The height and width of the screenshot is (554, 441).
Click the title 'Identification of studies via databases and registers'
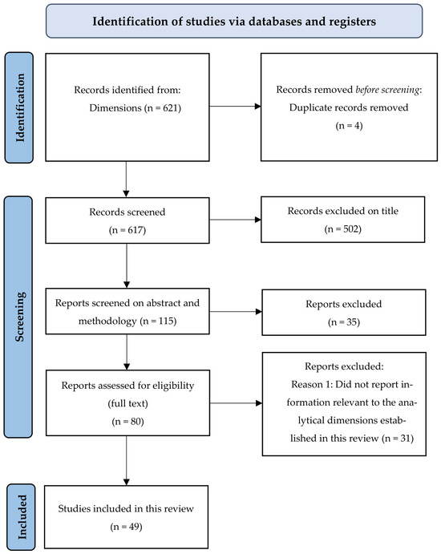pos(234,21)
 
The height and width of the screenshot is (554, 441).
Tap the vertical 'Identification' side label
pos(20,107)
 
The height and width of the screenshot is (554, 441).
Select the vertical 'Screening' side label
pos(19,317)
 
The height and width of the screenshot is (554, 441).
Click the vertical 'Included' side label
pos(22,517)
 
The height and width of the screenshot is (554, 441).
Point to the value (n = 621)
pos(163,107)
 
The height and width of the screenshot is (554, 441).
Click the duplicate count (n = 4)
pos(349,125)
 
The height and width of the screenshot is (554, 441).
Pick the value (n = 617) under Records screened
pos(127,230)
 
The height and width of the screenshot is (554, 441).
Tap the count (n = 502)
pos(342,229)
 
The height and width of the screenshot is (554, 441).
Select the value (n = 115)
pos(158,321)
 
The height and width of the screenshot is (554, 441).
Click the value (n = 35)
pos(344,321)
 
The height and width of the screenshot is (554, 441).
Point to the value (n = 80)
pos(127,422)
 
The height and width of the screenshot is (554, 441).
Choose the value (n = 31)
pos(398,438)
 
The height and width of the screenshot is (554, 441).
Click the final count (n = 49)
pos(126,527)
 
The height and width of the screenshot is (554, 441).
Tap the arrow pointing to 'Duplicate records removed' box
pos(235,106)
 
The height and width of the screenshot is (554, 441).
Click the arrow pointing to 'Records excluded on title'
pos(235,220)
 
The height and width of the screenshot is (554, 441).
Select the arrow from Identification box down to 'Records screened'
pos(126,179)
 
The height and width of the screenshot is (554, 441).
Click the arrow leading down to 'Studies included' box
pos(126,460)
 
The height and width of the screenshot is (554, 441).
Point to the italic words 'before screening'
pos(387,90)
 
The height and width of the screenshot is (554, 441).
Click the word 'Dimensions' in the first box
pos(115,107)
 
